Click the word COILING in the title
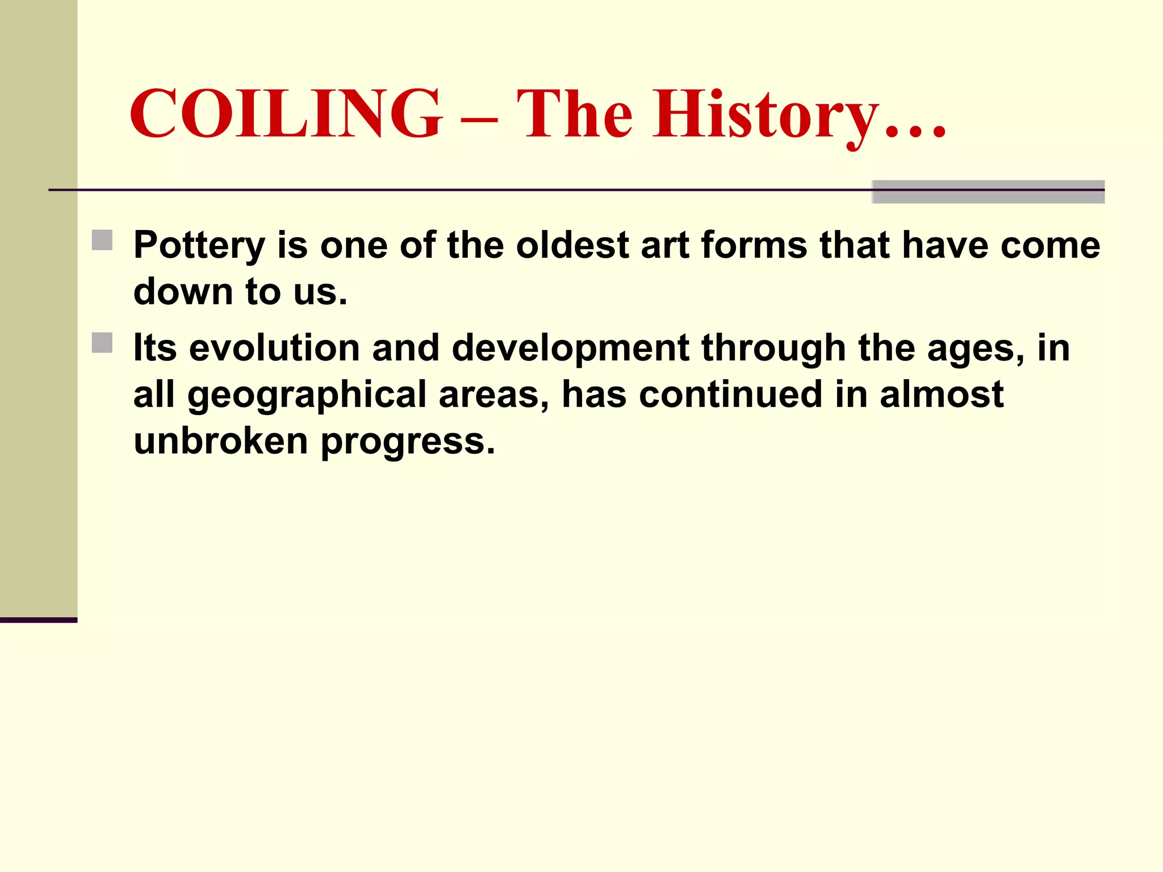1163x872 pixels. (x=286, y=114)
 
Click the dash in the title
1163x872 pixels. (x=479, y=120)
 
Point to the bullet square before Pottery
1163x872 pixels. (x=102, y=240)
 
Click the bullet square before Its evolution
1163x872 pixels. (x=102, y=343)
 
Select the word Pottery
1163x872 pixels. (x=199, y=246)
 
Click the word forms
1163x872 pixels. (x=754, y=245)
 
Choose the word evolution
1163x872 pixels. (x=274, y=348)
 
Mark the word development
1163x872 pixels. (x=570, y=349)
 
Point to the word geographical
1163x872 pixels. (x=307, y=396)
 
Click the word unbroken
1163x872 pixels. (x=220, y=441)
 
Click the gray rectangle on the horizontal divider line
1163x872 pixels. (x=988, y=192)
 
